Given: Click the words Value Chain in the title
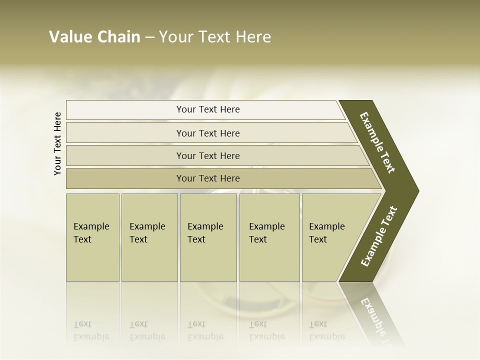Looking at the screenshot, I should [x=94, y=37].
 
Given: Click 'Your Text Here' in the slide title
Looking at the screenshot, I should [x=215, y=37].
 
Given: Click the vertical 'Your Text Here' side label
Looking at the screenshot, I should [x=57, y=144].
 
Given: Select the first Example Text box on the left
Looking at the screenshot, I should [x=92, y=237].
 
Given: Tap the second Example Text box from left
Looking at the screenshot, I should [x=149, y=237].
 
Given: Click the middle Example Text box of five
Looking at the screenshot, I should [x=208, y=237].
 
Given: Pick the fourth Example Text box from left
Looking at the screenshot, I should [x=269, y=237].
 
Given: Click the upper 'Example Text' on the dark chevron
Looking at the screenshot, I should [x=378, y=142].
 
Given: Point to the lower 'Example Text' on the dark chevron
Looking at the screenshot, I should [x=378, y=236].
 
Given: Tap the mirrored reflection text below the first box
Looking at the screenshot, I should [x=91, y=330].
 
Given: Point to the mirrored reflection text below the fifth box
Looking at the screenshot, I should [x=327, y=330].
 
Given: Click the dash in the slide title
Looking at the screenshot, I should [x=149, y=37].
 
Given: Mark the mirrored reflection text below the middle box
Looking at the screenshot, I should [x=205, y=330].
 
